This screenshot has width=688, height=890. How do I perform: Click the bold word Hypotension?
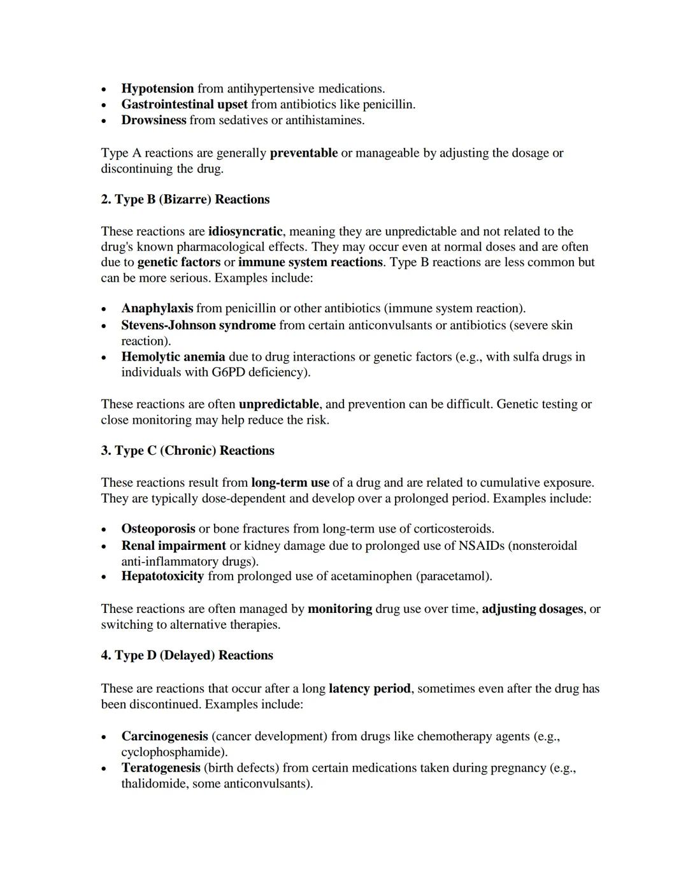tap(157, 89)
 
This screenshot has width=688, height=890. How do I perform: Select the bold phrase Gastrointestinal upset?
tap(184, 104)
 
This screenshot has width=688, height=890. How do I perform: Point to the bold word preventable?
tap(303, 153)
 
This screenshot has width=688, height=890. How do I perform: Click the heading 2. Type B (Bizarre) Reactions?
tap(185, 199)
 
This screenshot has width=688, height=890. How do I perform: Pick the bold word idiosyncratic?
tap(245, 231)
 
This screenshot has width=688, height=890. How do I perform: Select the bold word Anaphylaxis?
tap(157, 308)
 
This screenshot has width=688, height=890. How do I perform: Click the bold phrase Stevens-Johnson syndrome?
tap(198, 326)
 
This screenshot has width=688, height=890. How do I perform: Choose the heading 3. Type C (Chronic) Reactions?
tap(187, 450)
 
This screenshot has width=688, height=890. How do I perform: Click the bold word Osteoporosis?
tap(158, 529)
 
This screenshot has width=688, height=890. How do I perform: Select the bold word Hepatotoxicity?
tap(162, 577)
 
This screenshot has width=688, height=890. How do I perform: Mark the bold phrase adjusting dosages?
tap(532, 609)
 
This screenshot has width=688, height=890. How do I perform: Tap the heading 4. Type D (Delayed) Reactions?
tap(187, 656)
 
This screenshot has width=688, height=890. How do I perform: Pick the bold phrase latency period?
tap(369, 689)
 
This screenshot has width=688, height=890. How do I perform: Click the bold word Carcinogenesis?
tap(164, 736)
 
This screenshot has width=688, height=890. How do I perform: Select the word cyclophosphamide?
tap(173, 752)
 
